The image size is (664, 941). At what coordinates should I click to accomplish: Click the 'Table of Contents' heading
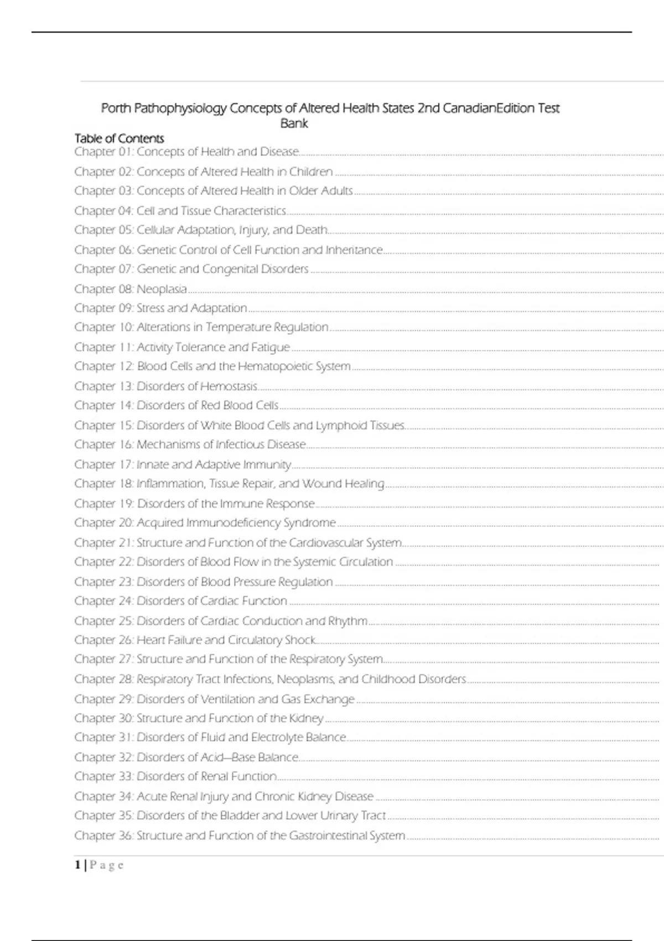pos(120,138)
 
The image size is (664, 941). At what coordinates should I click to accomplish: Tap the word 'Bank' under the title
pos(294,123)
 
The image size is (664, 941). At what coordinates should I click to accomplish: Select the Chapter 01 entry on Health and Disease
pos(186,152)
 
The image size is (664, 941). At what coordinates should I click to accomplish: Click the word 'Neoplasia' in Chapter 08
pos(162,289)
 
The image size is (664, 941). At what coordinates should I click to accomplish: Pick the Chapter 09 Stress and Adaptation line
pos(160,308)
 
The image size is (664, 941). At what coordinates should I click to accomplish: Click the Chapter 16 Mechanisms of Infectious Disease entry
pos(190,444)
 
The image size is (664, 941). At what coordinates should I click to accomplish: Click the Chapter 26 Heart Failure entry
pos(195,640)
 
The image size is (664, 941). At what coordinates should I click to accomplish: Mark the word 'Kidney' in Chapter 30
pos(306,718)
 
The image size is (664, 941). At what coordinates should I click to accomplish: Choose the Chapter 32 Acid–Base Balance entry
pos(186,757)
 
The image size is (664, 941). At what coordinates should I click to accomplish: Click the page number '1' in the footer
pos(78,865)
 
